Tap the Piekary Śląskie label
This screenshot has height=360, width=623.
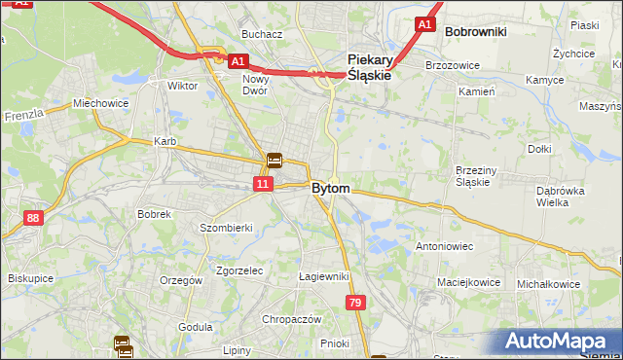coord(370,66)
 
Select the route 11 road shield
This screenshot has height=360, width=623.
coord(263,183)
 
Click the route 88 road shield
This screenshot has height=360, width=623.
coord(34,218)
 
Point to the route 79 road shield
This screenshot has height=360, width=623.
coord(356,305)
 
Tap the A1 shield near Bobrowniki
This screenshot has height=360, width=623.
coord(423,23)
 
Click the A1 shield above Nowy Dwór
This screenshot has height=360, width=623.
coord(237,61)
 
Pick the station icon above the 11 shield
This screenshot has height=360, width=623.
coord(275,162)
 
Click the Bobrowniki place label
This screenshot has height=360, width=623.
coord(475,32)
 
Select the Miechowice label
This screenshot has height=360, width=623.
coord(100,103)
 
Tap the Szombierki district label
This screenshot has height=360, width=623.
coord(226,228)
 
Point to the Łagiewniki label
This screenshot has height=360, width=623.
coord(323,276)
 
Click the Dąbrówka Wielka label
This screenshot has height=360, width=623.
coord(559,198)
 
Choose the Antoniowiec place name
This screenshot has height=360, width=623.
coord(444,246)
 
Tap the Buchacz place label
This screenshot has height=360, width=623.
coord(262,34)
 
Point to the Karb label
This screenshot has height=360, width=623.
coord(165,142)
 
